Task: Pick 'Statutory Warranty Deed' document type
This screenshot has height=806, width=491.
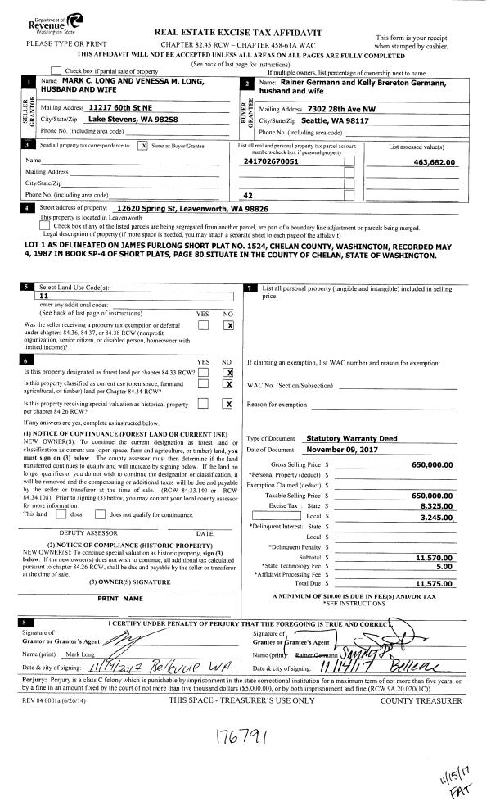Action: [x=346, y=438]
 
